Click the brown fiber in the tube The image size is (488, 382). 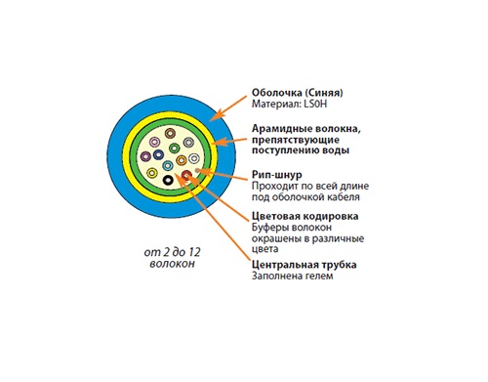pos(170,133)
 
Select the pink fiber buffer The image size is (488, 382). pos(154,142)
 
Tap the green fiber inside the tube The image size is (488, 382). pos(175,149)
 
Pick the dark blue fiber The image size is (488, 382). pos(158,154)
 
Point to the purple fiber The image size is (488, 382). pos(145,156)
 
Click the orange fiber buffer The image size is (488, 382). pos(182,160)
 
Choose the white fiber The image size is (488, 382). pos(194,158)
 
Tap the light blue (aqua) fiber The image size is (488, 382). pos(168,166)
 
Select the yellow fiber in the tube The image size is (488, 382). pos(152,173)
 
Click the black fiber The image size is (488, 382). pos(168,180)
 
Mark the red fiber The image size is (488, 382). pos(186,175)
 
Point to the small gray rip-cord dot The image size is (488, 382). pos(196,170)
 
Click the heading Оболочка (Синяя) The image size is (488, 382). pos(298,93)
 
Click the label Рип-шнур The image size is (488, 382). pos(277,175)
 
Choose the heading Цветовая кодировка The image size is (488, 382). pos(305,216)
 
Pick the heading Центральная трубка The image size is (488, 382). pos(305,265)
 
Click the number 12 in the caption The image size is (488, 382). pos(194,252)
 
